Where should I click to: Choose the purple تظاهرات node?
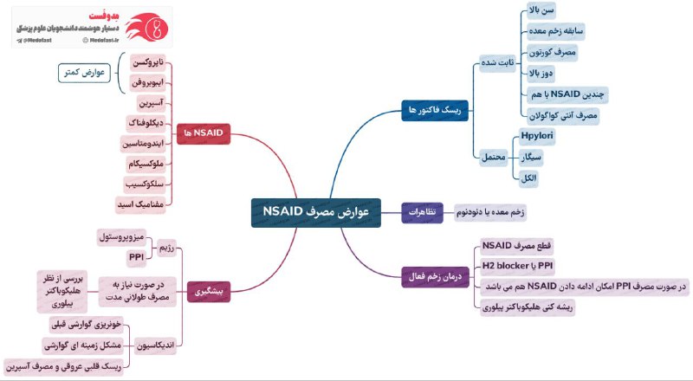pos(423,212)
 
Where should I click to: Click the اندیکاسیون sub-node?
pos(157,344)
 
